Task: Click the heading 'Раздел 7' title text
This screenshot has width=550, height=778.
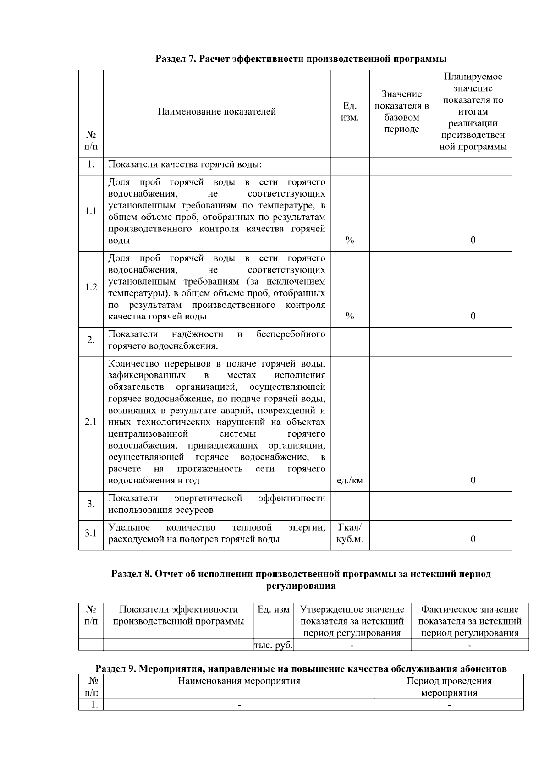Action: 301,59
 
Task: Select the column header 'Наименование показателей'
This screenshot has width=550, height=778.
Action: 217,111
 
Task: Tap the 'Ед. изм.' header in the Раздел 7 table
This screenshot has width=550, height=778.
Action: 350,111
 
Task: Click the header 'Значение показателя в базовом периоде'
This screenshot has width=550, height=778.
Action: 401,112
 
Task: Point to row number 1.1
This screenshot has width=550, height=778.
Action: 91,211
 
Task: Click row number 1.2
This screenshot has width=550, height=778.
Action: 91,287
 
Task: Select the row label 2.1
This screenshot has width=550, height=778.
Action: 91,422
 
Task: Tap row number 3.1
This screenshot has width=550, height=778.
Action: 91,533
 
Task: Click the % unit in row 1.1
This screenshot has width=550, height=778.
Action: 350,241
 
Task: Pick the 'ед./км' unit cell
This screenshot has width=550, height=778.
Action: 350,480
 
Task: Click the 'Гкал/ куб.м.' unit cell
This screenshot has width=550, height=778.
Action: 350,533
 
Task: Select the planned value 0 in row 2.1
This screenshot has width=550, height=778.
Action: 473,480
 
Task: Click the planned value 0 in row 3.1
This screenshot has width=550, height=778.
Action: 473,539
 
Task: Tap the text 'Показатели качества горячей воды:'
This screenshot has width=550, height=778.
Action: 185,164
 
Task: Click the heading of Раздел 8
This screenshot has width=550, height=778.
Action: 301,580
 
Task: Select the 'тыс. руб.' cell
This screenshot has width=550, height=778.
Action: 273,645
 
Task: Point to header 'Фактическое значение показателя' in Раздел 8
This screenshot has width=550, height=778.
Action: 470,621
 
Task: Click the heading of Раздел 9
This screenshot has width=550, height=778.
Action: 301,668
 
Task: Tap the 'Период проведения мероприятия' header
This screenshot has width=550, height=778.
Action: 449,686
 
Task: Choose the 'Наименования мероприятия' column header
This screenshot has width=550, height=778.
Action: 239,681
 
